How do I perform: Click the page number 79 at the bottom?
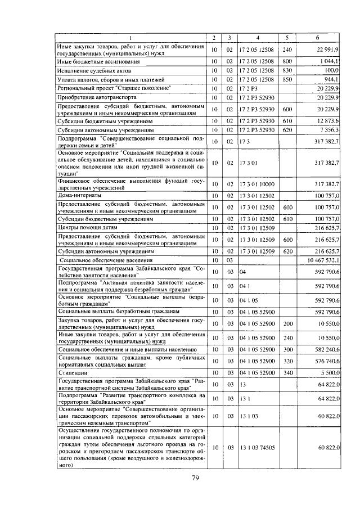pos(195,479)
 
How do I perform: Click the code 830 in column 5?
pos(287,70)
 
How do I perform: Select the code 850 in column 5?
pos(287,79)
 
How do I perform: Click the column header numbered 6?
pos(318,38)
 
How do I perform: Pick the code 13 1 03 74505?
pos(258,447)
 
